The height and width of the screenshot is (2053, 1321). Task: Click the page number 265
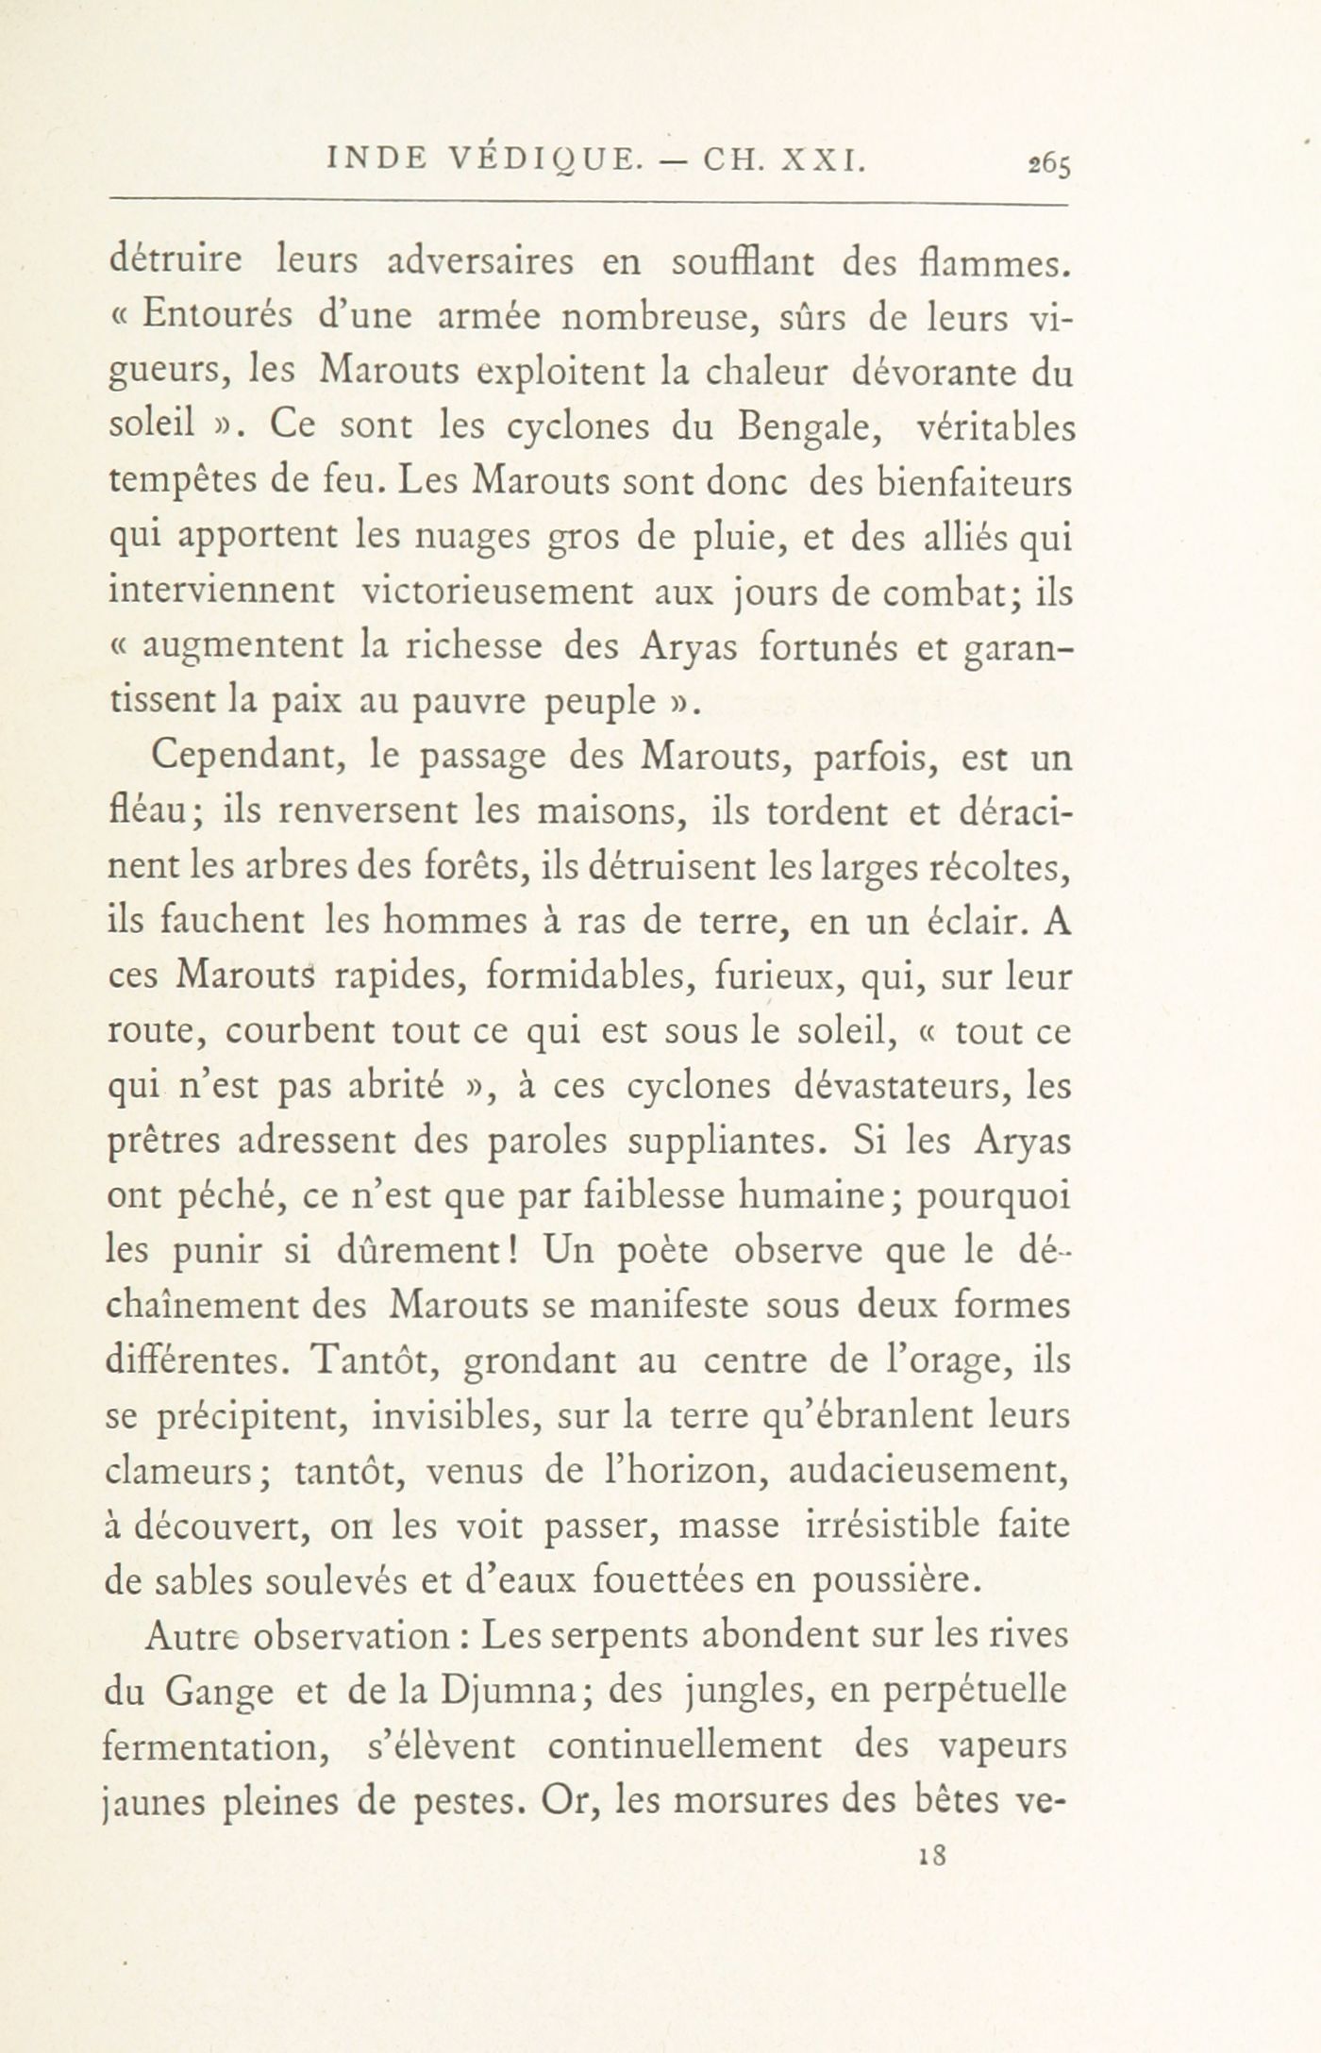coord(1049,165)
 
